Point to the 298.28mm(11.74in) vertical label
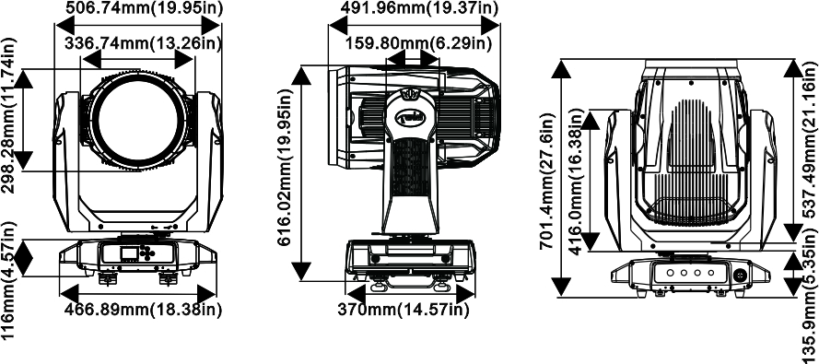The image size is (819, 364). [x=9, y=115]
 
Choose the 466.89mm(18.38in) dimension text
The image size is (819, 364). [x=143, y=309]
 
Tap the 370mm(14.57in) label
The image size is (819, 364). [x=403, y=310]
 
